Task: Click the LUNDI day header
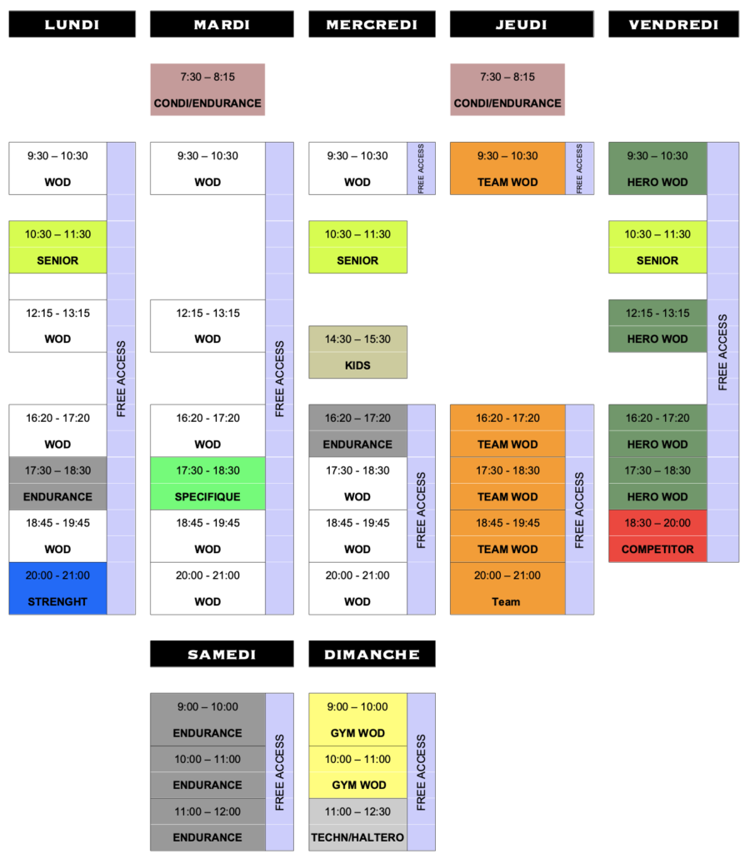pyautogui.click(x=72, y=24)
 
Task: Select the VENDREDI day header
pyautogui.click(x=673, y=24)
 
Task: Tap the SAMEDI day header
pyautogui.click(x=222, y=654)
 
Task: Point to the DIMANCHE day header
pyautogui.click(x=372, y=654)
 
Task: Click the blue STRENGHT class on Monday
pyautogui.click(x=58, y=588)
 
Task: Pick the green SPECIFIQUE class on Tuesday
pyautogui.click(x=207, y=483)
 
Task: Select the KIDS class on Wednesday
pyautogui.click(x=357, y=352)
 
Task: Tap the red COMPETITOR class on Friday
pyautogui.click(x=657, y=535)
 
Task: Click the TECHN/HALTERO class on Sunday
pyautogui.click(x=357, y=824)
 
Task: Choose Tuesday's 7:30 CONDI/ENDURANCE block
pyautogui.click(x=207, y=89)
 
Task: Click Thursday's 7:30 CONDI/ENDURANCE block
pyautogui.click(x=507, y=89)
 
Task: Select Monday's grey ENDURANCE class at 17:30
pyautogui.click(x=58, y=483)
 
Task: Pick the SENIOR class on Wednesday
pyautogui.click(x=357, y=247)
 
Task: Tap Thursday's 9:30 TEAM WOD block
pyautogui.click(x=507, y=168)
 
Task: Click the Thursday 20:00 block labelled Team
pyautogui.click(x=507, y=588)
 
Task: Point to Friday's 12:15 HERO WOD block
pyautogui.click(x=657, y=325)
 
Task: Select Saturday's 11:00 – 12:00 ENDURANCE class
pyautogui.click(x=207, y=824)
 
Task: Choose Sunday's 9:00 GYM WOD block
pyautogui.click(x=357, y=719)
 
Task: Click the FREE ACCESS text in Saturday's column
pyautogui.click(x=279, y=771)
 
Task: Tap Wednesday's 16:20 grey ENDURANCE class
pyautogui.click(x=357, y=430)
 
